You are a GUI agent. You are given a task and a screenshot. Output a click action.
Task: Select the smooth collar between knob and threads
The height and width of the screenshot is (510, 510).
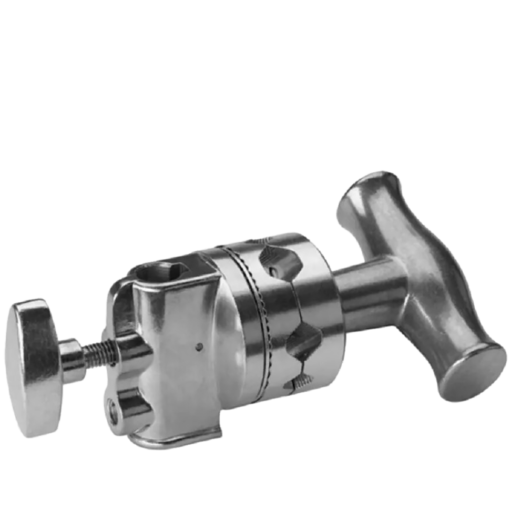[x=71, y=357]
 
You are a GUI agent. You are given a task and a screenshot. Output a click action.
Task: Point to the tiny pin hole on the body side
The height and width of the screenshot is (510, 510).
[x=199, y=346]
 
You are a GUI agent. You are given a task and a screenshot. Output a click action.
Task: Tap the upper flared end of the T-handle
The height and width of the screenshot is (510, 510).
[x=368, y=195]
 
